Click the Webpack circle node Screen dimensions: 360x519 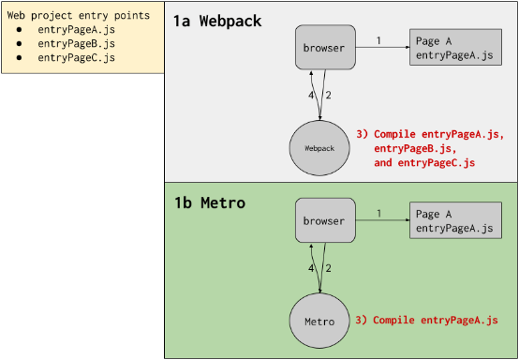(320, 148)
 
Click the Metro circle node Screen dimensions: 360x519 (319, 321)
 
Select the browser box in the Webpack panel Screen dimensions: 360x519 (325, 47)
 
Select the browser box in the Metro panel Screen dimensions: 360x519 (325, 220)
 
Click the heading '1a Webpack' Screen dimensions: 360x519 (217, 21)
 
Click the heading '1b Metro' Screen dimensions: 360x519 (211, 202)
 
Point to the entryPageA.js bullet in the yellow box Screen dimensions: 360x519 (76, 30)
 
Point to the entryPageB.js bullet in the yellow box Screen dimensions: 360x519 (76, 44)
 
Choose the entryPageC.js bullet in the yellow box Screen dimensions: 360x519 (76, 58)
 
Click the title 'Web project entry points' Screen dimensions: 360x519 (78, 16)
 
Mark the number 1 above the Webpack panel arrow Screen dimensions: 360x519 (378, 40)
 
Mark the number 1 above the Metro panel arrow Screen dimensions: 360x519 (378, 214)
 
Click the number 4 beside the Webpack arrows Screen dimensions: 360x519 (313, 95)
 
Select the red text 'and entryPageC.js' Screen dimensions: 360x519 (424, 163)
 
